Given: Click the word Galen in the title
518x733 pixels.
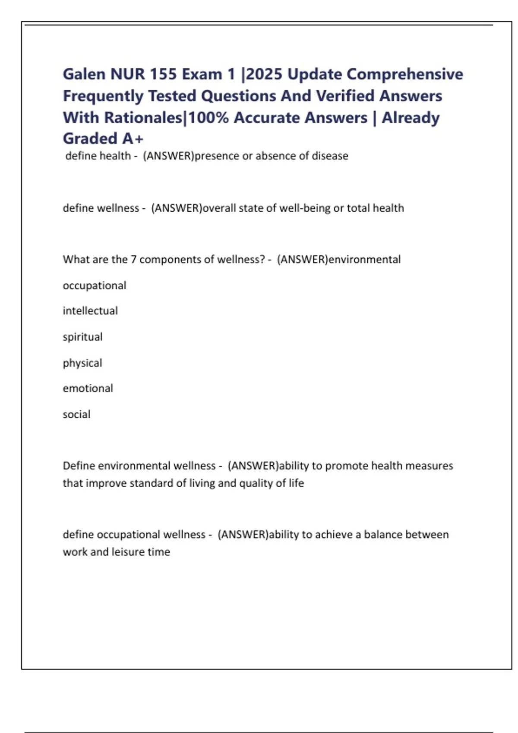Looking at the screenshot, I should (84, 74).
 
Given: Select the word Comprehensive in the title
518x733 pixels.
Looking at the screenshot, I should (405, 74).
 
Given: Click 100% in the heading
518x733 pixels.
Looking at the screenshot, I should (208, 117).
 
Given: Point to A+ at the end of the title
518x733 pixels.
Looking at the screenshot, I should (133, 138).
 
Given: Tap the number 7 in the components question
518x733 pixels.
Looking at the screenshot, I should (133, 259).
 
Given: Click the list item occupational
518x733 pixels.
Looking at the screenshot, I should (95, 285).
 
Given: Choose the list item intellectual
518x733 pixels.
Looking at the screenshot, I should (90, 311).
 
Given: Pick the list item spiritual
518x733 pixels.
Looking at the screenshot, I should (82, 337).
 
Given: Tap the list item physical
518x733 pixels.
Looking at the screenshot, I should (82, 363).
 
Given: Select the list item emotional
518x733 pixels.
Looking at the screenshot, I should (88, 388).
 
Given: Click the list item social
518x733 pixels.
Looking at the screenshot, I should (76, 414).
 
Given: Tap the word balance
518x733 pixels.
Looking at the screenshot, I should (381, 534).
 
